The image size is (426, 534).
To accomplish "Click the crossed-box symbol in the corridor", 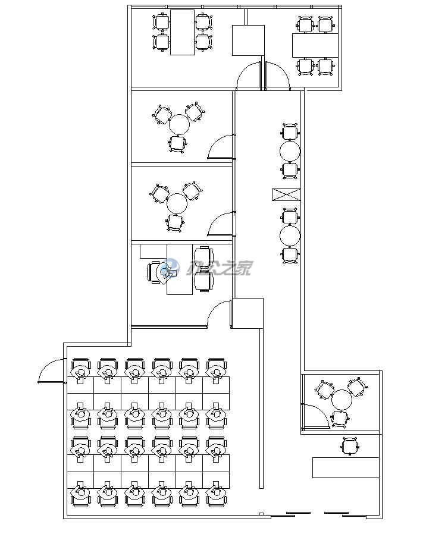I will pyautogui.click(x=286, y=194).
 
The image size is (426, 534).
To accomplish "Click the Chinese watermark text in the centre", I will pyautogui.click(x=220, y=269).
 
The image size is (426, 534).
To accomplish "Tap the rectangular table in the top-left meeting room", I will pyautogui.click(x=182, y=32).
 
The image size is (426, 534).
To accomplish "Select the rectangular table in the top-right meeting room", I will pyautogui.click(x=315, y=45).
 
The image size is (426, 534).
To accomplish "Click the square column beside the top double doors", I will pyautogui.click(x=248, y=40).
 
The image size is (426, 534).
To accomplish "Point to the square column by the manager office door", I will pyautogui.click(x=247, y=313).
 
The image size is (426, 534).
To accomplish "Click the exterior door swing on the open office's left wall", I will pyautogui.click(x=51, y=372).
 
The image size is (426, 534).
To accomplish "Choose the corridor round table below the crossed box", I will pyautogui.click(x=290, y=236).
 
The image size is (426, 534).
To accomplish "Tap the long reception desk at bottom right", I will pyautogui.click(x=346, y=467).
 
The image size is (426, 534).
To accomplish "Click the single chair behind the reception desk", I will pyautogui.click(x=350, y=445).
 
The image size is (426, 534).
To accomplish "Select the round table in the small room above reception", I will pyautogui.click(x=342, y=400).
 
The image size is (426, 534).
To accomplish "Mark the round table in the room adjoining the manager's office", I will pyautogui.click(x=177, y=203).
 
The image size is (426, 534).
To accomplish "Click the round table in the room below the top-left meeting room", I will pyautogui.click(x=179, y=125).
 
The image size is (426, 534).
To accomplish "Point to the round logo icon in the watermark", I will pyautogui.click(x=171, y=268).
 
